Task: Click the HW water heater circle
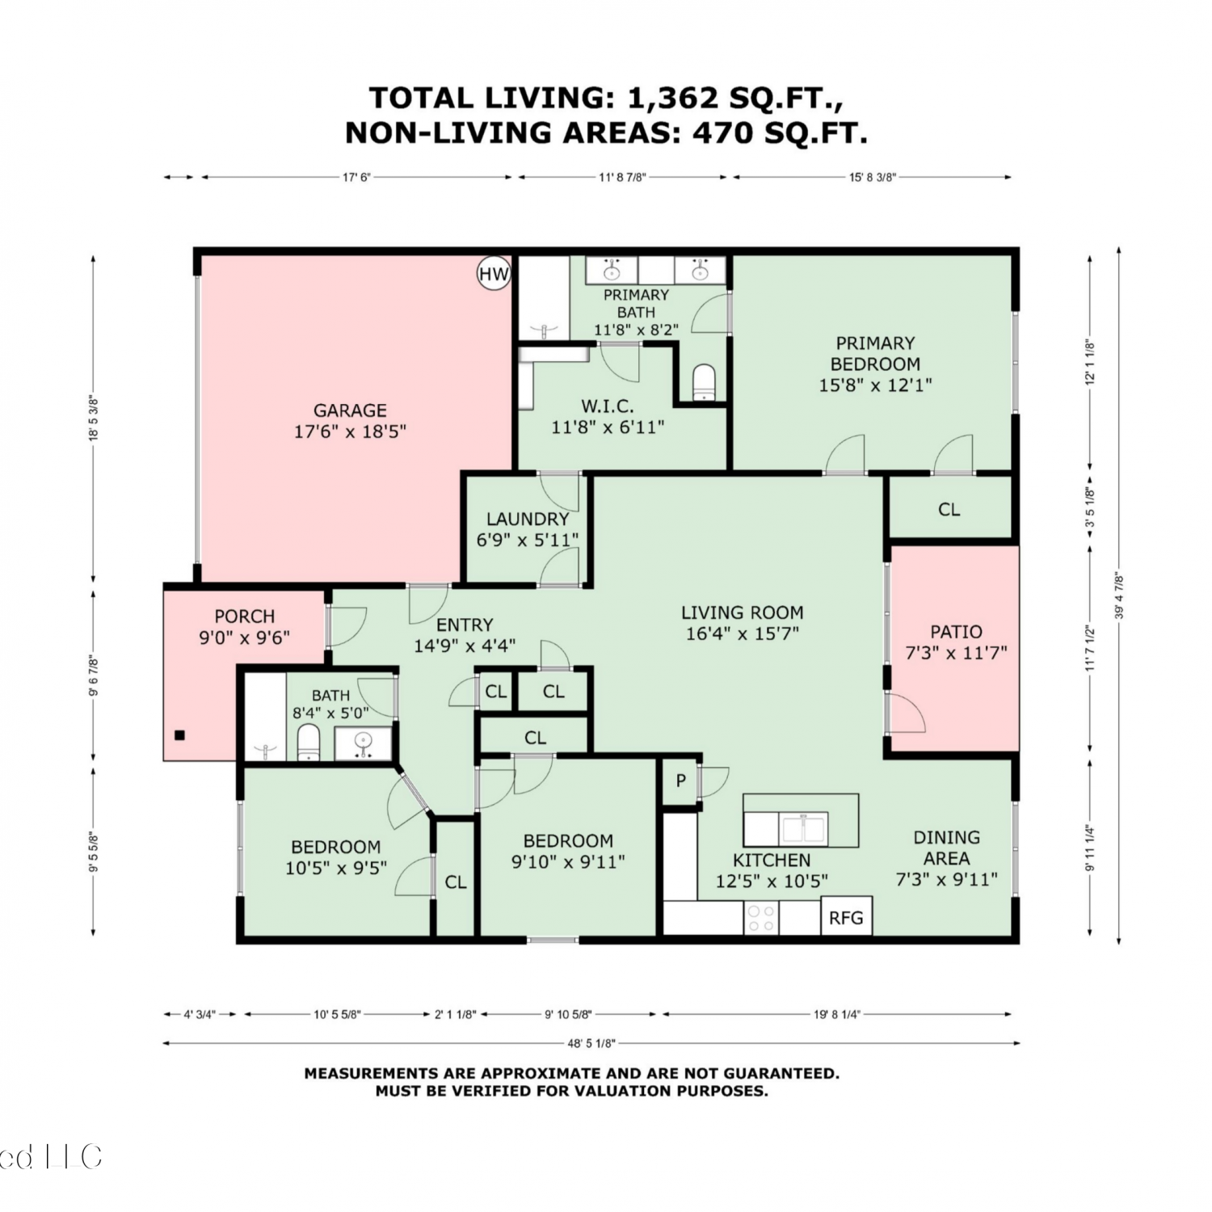coord(494,273)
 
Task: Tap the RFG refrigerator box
coord(847,916)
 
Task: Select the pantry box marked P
coord(681,781)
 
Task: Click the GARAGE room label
coord(350,410)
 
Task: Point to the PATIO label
coord(956,632)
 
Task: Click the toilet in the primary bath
coord(705,382)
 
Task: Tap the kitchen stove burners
coord(760,918)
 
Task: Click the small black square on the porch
coord(180,735)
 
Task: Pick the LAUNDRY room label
coord(528,519)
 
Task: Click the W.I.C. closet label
coord(608,406)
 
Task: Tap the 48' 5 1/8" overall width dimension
coord(591,1043)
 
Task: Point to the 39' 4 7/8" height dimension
coord(1119,596)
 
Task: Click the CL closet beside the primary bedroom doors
coord(949,509)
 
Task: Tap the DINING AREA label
coord(946,848)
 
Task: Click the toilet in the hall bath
coord(309,743)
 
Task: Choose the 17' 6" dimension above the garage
coord(356,177)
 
